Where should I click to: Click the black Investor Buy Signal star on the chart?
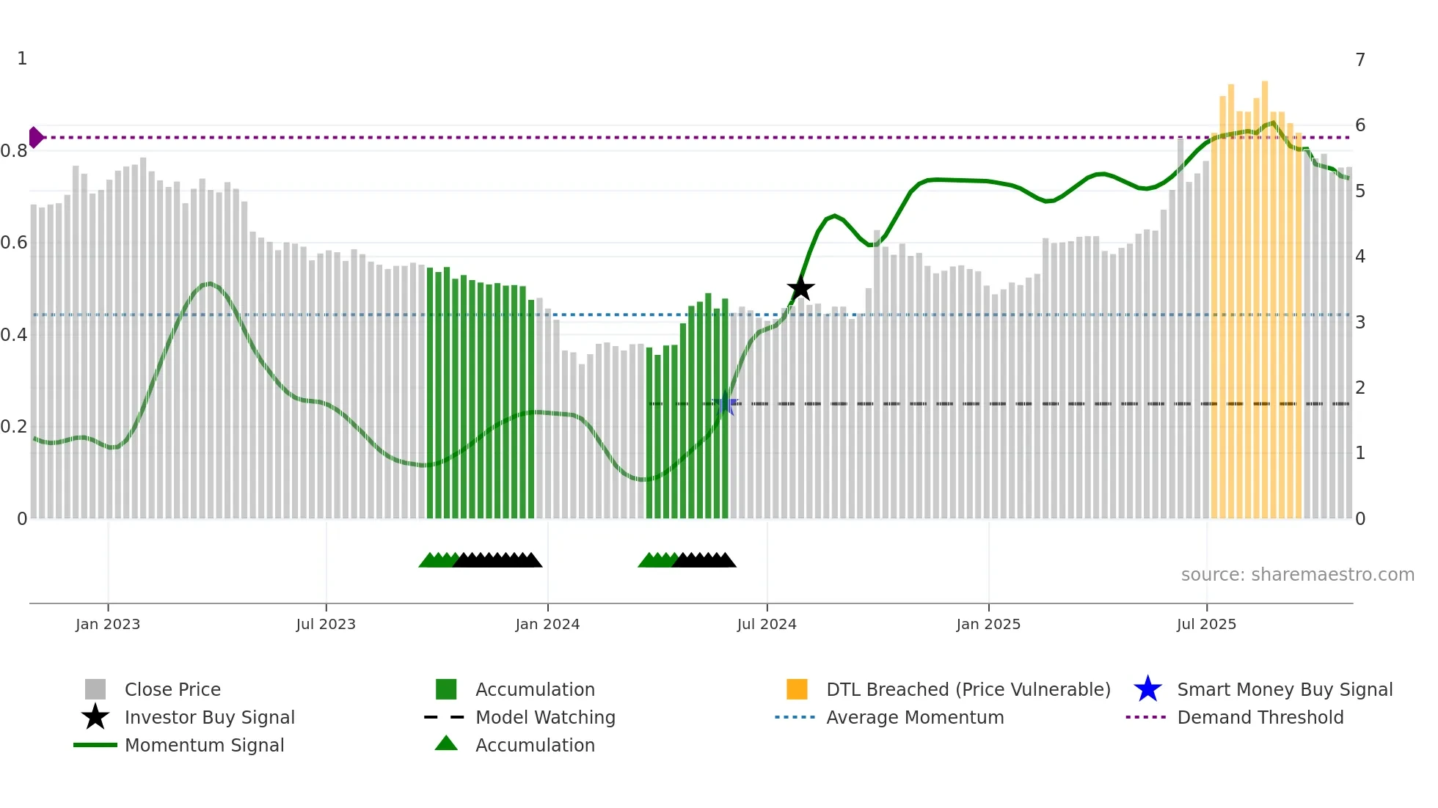[800, 289]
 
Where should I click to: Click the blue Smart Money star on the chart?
[725, 403]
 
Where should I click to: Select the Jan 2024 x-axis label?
[547, 624]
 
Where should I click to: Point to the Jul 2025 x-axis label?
[1206, 624]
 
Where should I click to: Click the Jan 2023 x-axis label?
[108, 624]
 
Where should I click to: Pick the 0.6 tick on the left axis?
[14, 243]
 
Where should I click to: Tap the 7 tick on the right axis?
[1360, 59]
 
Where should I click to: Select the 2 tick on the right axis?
[1360, 387]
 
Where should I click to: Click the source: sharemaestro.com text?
[1297, 574]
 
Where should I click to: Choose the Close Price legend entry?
[172, 689]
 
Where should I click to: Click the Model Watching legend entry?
[545, 717]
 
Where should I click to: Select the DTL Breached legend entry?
[968, 689]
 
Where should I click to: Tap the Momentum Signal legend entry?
[204, 745]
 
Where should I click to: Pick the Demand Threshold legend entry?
[1260, 717]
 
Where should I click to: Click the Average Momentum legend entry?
[915, 717]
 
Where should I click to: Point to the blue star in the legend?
[1147, 689]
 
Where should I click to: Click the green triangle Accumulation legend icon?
[446, 744]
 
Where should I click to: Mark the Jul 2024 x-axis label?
[767, 624]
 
